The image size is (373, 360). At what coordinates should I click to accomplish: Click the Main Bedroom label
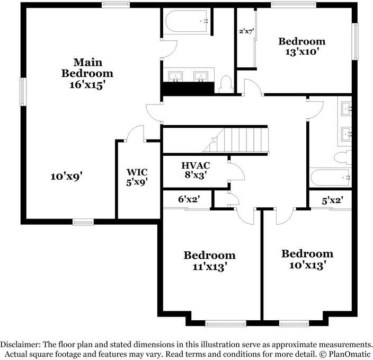point(87,67)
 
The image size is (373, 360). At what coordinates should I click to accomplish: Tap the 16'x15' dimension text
point(87,85)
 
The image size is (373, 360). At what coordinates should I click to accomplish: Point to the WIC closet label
point(137,172)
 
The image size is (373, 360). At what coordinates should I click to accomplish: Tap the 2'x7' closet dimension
point(247,31)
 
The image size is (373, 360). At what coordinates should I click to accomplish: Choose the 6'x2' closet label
point(188,199)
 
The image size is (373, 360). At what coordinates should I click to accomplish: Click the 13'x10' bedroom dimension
point(302,52)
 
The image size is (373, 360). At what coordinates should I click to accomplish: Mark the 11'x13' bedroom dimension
point(209,267)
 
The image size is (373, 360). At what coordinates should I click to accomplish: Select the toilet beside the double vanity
point(227,84)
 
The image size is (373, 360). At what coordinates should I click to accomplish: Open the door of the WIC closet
point(136,134)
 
